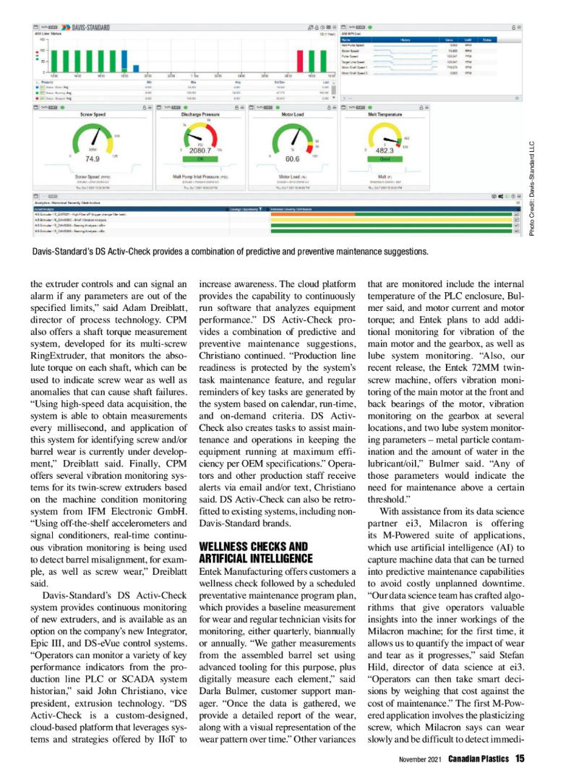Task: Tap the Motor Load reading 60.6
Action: click(x=293, y=159)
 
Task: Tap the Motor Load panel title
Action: click(x=292, y=114)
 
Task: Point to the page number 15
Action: click(x=520, y=759)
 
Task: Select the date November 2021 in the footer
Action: click(x=421, y=759)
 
